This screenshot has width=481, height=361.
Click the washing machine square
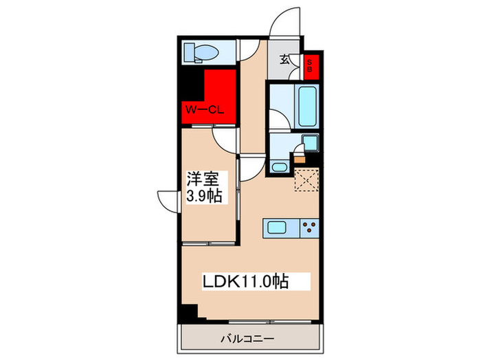click(x=310, y=144)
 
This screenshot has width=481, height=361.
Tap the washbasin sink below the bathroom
click(x=279, y=166)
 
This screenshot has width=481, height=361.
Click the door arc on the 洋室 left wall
click(x=168, y=201)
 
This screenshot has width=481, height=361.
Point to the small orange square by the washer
click(x=300, y=157)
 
